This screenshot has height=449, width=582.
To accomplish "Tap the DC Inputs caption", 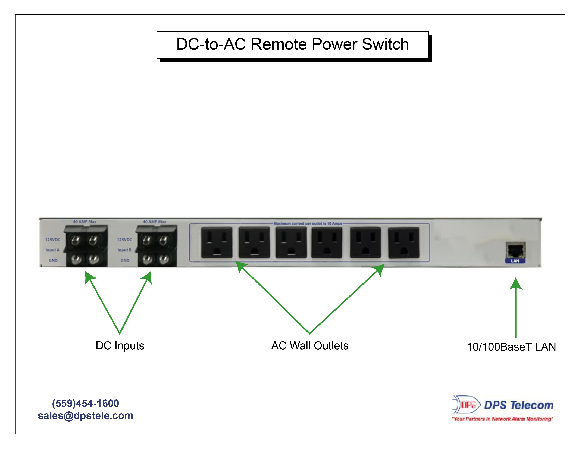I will [120, 346].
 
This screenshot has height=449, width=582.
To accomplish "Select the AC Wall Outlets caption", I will [310, 346].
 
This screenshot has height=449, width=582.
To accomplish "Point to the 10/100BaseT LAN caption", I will [511, 347].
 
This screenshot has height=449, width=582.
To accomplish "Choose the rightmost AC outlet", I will [403, 242].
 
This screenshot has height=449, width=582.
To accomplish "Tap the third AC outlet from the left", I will [291, 242].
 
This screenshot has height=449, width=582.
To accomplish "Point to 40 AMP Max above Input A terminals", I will [85, 222].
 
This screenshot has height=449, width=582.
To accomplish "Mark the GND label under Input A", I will [53, 260].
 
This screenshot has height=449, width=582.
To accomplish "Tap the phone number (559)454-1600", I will [85, 403].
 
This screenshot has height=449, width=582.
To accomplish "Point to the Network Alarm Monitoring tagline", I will [502, 419].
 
